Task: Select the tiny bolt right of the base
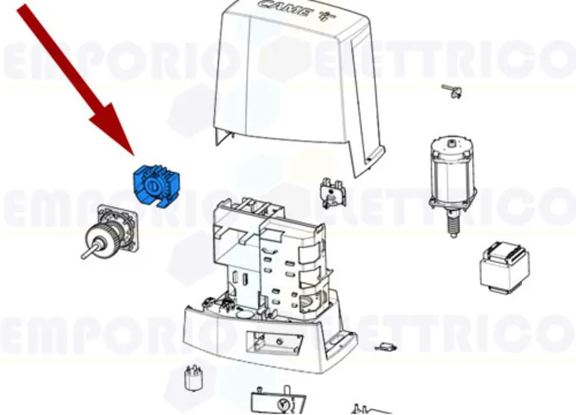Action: [385, 346]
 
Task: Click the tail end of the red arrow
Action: [25, 10]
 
